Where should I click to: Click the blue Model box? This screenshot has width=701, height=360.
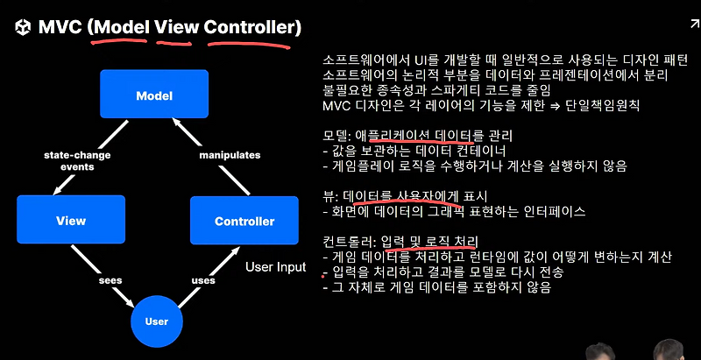(x=154, y=95)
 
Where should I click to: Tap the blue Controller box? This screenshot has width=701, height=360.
(x=244, y=221)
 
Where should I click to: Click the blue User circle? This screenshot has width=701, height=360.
(x=156, y=321)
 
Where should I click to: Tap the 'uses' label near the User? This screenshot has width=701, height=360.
(x=203, y=280)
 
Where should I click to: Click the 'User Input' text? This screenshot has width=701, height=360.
(x=275, y=266)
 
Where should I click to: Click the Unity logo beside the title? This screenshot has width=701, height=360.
(x=22, y=28)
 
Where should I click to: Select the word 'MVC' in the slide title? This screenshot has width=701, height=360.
(x=60, y=28)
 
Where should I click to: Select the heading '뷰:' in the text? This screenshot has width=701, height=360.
(x=331, y=195)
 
